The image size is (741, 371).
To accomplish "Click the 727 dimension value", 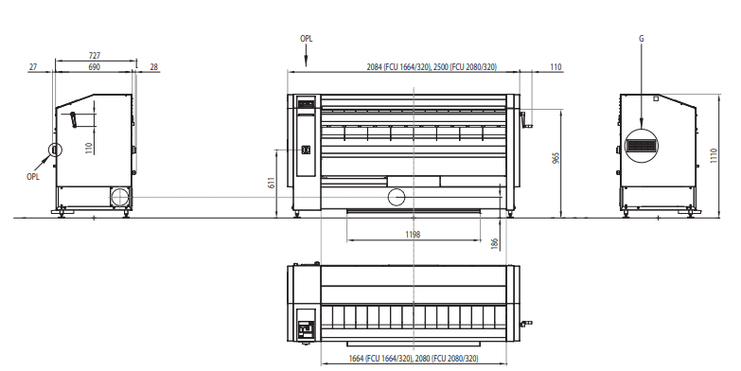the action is pos(95,56).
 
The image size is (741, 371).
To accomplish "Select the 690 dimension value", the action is pos(95,67).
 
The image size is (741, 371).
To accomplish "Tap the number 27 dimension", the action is pos(32,67).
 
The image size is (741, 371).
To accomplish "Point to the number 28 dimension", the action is pos(153,67).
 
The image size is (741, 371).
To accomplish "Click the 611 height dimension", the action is pos(272,184).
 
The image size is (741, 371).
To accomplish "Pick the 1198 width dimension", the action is pos(413,235).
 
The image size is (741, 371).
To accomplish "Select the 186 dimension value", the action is pos(494,244).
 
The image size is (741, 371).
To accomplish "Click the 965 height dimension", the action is pos(556,158).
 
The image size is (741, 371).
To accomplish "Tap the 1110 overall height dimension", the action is pos(714,155).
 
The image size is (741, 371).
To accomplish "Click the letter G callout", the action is pos(642,39).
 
